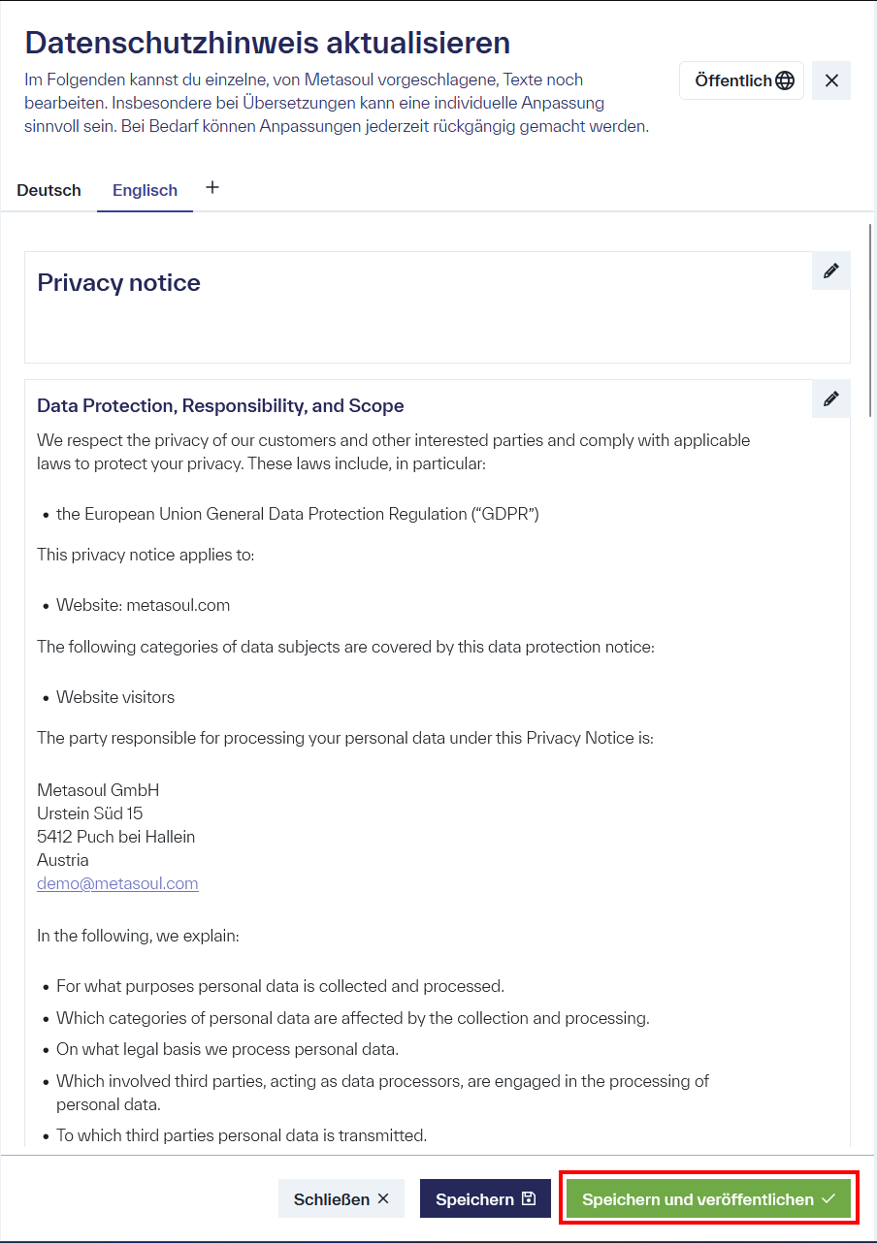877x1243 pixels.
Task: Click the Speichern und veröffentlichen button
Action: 708,1199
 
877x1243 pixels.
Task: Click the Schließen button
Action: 341,1199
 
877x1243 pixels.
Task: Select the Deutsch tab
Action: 49,190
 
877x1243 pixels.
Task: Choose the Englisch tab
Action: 145,190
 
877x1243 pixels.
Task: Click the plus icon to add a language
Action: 212,187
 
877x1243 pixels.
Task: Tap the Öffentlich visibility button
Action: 742,80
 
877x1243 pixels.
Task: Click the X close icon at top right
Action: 831,80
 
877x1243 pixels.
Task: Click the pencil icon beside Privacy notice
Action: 830,271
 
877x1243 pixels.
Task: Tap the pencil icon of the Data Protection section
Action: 830,398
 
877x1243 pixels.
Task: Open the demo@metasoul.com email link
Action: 117,883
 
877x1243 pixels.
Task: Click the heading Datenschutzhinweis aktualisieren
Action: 267,43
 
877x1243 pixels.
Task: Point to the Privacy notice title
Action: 118,283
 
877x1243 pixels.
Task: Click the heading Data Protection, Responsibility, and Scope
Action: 220,405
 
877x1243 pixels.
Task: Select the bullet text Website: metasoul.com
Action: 143,605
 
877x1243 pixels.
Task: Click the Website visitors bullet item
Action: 115,697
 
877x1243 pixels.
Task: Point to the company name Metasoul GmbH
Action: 98,790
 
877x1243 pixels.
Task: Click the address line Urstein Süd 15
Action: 90,813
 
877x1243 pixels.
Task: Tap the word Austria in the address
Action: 63,860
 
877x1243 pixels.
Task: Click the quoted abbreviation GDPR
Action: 504,514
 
